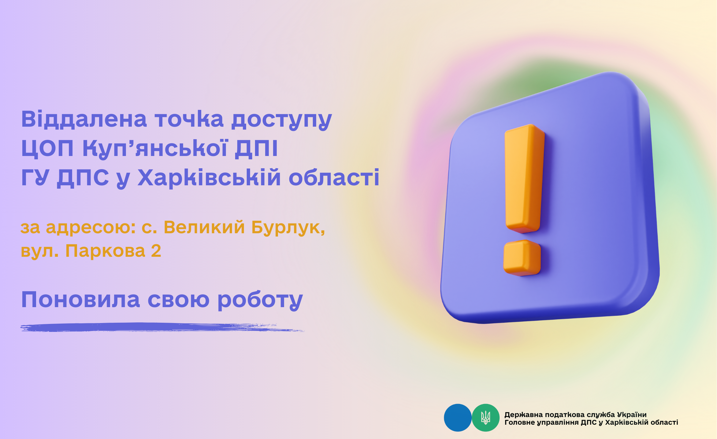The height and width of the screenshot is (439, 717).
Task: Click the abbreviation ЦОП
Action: pos(47,148)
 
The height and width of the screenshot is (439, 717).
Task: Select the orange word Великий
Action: pos(204,227)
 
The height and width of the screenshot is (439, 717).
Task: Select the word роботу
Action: pos(260,301)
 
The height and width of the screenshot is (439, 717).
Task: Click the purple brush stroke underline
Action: pos(162,327)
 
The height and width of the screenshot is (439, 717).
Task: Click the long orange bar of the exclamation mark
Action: pos(524,179)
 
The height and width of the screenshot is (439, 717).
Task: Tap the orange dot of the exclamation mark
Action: pos(522,258)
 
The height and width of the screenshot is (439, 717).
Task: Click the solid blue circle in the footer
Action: pos(458,418)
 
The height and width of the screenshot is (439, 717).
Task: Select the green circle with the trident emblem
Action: pos(485,418)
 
